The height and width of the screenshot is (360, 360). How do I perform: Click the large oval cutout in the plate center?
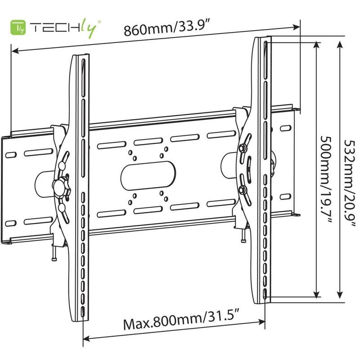coord(148,173)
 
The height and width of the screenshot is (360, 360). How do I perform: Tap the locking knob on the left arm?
coord(59,185)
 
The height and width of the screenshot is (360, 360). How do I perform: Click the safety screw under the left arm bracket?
coord(55,255)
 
